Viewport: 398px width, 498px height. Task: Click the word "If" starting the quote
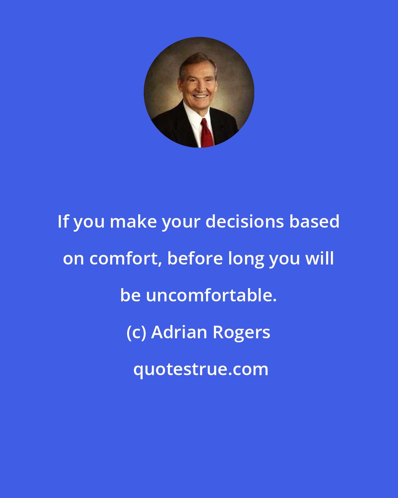63,222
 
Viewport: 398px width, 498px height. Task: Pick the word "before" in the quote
195,259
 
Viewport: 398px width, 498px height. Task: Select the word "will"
321,259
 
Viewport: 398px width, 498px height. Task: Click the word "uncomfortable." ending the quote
211,295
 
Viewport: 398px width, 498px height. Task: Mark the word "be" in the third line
130,295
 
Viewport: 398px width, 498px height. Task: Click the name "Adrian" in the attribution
179,332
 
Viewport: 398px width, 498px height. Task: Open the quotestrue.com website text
201,369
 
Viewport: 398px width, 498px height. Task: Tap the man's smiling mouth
200,96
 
